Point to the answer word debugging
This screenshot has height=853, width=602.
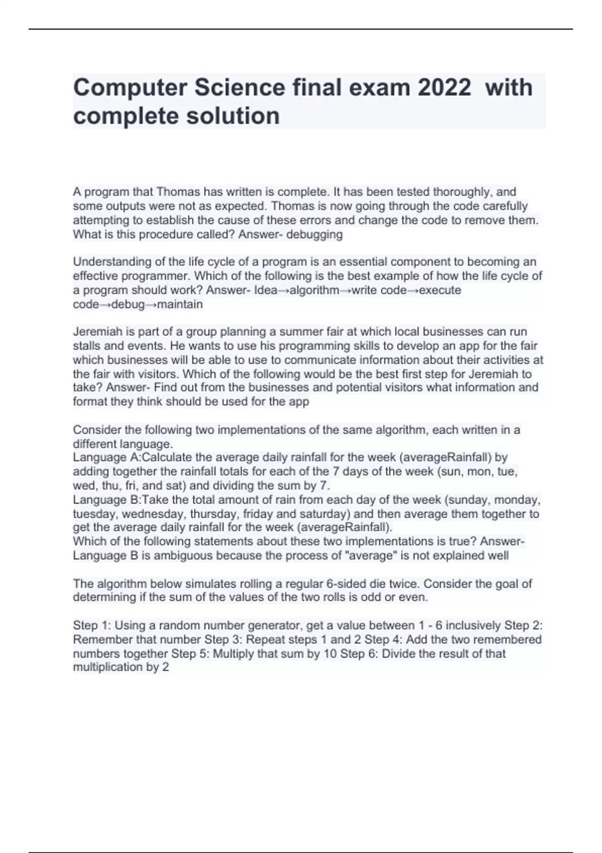point(315,234)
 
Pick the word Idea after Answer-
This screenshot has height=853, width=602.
point(266,291)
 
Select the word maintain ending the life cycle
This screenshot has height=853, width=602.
point(180,305)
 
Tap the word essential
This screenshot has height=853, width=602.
point(358,262)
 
